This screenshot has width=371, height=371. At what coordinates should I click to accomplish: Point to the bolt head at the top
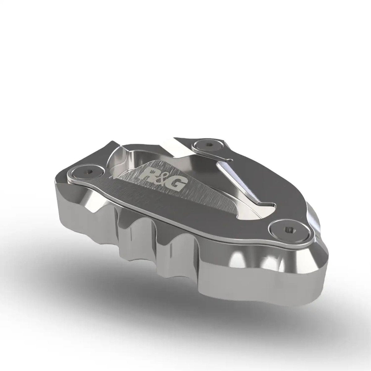(207, 144)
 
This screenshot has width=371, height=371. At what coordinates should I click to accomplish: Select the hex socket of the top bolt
(207, 143)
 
